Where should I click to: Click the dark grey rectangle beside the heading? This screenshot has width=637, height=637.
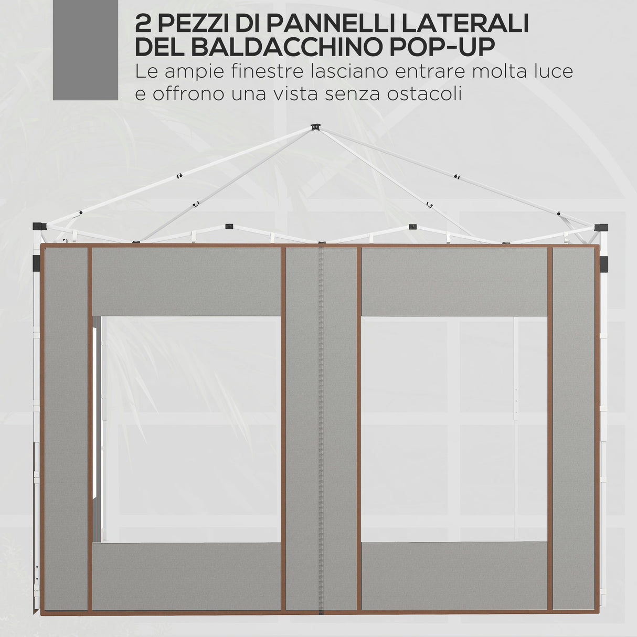click(85, 50)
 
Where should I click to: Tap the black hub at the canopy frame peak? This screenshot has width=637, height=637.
click(315, 128)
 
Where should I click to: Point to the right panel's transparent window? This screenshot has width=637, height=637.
click(454, 429)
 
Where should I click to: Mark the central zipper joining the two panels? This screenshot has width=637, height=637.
click(322, 428)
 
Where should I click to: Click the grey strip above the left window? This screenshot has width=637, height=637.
click(187, 282)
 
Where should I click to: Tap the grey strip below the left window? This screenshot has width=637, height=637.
click(187, 576)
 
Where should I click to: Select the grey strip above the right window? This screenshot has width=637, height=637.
click(454, 282)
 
